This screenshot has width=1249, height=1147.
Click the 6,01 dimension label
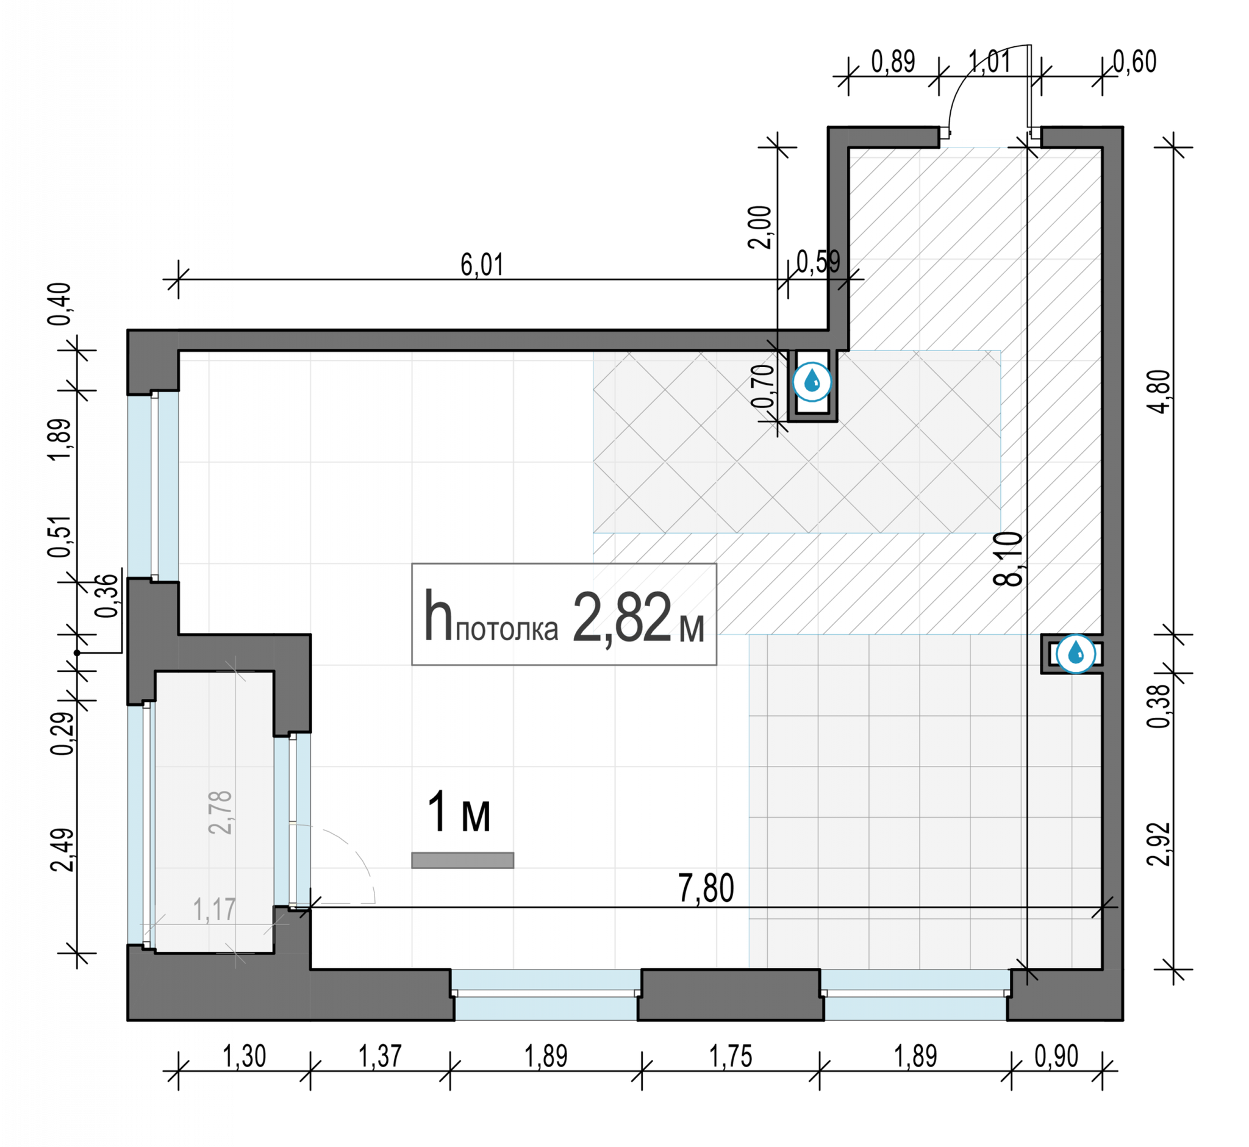(x=482, y=265)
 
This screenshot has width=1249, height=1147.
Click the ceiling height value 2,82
(x=622, y=617)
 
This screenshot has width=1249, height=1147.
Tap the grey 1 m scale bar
(x=462, y=860)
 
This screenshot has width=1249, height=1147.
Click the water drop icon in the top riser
(x=812, y=382)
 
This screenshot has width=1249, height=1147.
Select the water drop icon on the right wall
(x=1076, y=654)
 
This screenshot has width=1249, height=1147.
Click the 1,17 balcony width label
(x=214, y=910)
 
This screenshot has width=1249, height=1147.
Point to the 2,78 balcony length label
(x=220, y=812)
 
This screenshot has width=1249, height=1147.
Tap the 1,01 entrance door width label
(x=990, y=62)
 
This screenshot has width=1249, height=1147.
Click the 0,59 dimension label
(x=818, y=262)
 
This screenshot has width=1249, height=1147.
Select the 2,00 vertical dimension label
(x=760, y=227)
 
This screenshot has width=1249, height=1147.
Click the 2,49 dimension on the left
(x=62, y=849)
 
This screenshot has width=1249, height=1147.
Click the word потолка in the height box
(x=507, y=629)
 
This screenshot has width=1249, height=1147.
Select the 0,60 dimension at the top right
(x=1135, y=62)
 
